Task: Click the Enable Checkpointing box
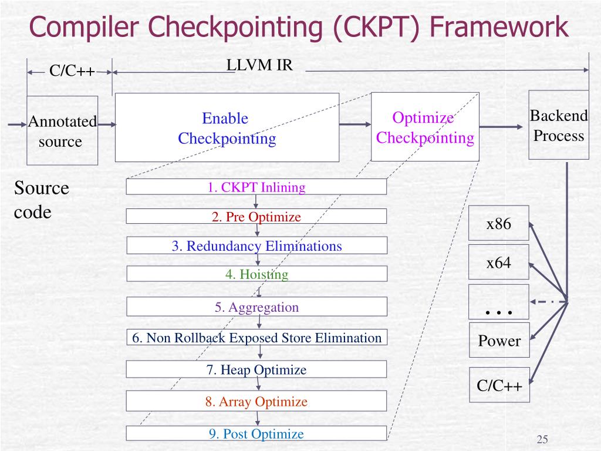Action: click(x=227, y=127)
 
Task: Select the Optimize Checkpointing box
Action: click(x=425, y=127)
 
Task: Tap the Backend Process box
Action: click(x=559, y=125)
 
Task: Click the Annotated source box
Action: click(x=62, y=131)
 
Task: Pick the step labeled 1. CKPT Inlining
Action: click(x=256, y=187)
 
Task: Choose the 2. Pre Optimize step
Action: click(x=256, y=217)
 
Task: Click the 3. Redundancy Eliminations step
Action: click(x=256, y=245)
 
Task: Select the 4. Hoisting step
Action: click(x=256, y=274)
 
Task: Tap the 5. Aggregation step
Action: click(x=256, y=307)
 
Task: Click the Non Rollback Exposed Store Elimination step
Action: click(x=256, y=338)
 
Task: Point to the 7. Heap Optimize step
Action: click(x=256, y=369)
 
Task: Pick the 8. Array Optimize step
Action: click(x=256, y=402)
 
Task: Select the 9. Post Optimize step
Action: click(x=256, y=434)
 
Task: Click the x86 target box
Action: click(x=499, y=223)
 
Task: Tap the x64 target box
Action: click(x=499, y=262)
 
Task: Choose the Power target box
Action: click(x=499, y=341)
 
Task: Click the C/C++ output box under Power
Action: click(x=499, y=385)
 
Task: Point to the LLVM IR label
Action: click(x=259, y=65)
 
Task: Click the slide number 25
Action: click(x=542, y=440)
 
